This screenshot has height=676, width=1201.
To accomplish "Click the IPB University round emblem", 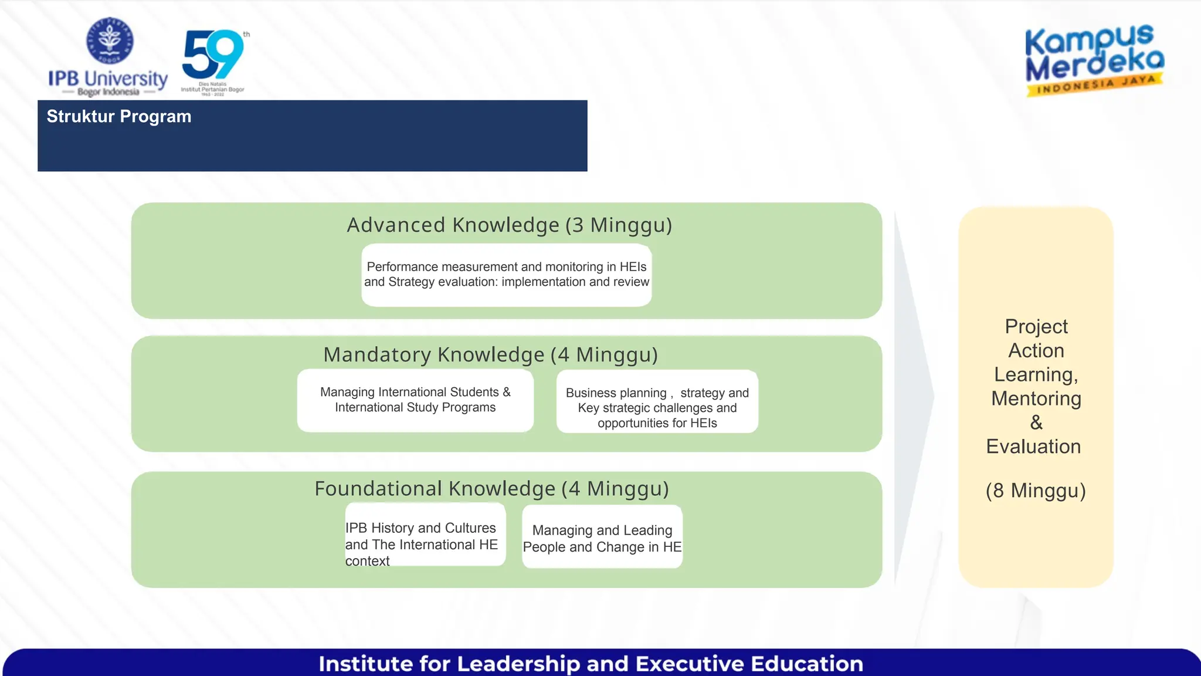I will pos(110,40).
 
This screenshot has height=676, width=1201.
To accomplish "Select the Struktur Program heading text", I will pos(119,116).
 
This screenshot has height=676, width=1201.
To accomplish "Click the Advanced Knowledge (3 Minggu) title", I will pos(509,225).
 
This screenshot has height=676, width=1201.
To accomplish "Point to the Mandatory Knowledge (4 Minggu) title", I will pos(490,354).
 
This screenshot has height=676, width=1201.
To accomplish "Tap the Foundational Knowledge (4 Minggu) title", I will pos(491,488).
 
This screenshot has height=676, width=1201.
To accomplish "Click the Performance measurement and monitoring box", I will pos(506,275).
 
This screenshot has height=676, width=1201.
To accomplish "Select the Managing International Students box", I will pos(415,400).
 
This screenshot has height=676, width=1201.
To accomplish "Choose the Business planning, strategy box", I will pos(657,402).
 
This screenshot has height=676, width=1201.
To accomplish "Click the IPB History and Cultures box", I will pos(425,535).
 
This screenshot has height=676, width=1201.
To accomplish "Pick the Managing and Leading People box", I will pos(602,537).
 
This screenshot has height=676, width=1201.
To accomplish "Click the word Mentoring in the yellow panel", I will pos(1036,398).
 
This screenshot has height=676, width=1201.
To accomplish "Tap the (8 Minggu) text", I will pos(1036,490).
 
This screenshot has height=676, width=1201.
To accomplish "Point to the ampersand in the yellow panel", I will pos(1036,422).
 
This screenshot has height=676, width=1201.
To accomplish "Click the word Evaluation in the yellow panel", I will pos(1033,447).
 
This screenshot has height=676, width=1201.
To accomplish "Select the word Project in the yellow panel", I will pos(1036,326).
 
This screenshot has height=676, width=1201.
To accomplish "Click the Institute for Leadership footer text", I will pos(591,664).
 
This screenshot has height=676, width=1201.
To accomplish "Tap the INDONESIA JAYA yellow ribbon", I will pos(1094,84).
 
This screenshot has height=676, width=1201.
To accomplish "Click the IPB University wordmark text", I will pos(108,78).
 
